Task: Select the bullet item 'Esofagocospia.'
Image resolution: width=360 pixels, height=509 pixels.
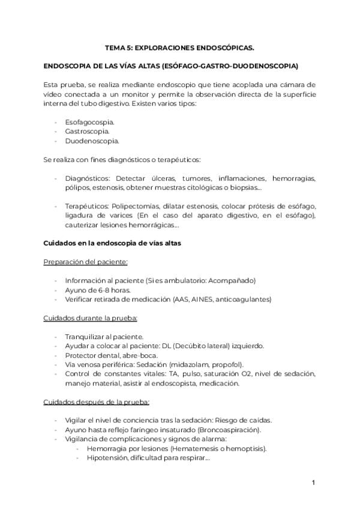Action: tap(89, 122)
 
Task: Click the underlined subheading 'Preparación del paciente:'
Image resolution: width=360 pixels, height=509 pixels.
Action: tap(85, 262)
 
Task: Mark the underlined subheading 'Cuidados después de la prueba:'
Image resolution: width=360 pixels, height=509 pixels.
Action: tap(96, 401)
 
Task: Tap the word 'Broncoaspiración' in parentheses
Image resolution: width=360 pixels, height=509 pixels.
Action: tap(232, 430)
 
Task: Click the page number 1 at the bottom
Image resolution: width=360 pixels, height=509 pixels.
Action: tap(313, 483)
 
